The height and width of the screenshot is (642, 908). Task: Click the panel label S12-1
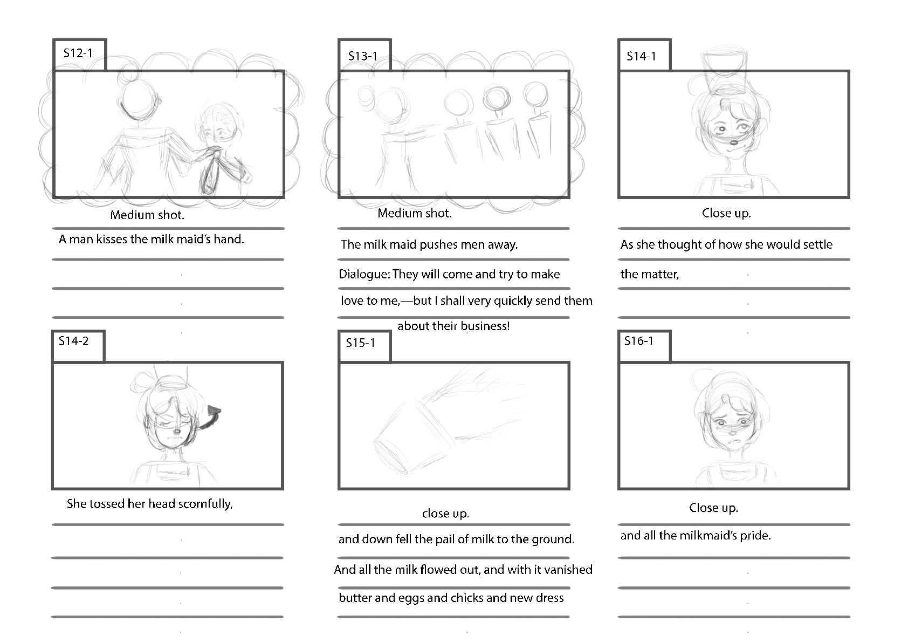(x=78, y=53)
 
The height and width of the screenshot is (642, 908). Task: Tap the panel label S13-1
(x=363, y=56)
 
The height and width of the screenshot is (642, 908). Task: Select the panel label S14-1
(x=641, y=56)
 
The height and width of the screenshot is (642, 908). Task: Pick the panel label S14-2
(x=73, y=340)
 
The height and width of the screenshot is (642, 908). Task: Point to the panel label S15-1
(x=360, y=343)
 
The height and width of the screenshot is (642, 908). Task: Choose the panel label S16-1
(x=639, y=340)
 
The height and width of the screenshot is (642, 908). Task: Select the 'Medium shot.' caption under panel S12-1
(x=147, y=215)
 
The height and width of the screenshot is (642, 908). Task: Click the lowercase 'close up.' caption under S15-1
(x=445, y=514)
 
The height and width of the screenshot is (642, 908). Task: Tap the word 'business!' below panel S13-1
(x=485, y=326)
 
